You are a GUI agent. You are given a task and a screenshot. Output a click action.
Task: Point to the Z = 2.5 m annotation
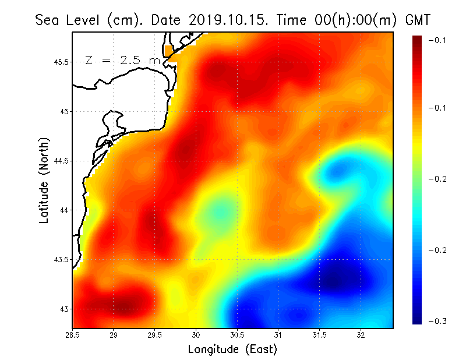tap(122, 60)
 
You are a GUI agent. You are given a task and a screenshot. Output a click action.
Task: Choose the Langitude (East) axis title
tap(232, 350)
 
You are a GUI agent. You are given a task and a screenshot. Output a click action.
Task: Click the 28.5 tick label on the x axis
tap(73, 335)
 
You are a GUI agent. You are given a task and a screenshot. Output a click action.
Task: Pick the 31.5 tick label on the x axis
tap(319, 335)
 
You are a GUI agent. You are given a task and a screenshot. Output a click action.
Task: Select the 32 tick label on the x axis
tap(361, 335)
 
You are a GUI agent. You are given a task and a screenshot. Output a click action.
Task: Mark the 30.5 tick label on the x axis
tap(237, 335)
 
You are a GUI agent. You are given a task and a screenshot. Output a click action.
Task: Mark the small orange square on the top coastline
tap(170, 51)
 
